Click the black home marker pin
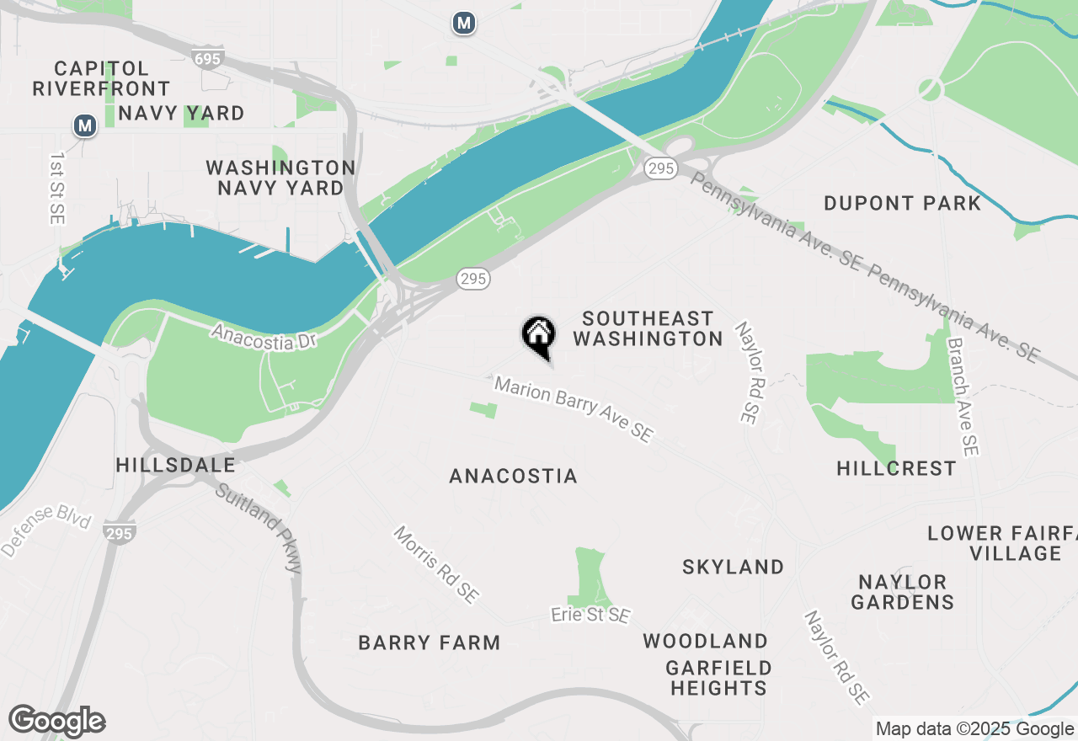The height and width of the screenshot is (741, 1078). pyautogui.click(x=538, y=335)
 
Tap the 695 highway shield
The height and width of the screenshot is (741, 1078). pyautogui.click(x=207, y=58)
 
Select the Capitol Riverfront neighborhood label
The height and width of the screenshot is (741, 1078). pyautogui.click(x=101, y=78)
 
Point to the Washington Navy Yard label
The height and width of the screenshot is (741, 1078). pyautogui.click(x=280, y=178)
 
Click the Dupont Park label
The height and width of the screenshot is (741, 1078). pyautogui.click(x=902, y=203)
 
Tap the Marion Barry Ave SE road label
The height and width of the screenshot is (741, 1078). pyautogui.click(x=574, y=409)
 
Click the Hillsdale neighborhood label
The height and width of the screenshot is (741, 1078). pyautogui.click(x=175, y=465)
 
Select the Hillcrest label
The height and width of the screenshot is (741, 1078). pyautogui.click(x=896, y=468)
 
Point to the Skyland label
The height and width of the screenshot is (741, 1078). pyautogui.click(x=733, y=567)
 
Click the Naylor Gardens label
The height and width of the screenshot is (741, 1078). pyautogui.click(x=902, y=592)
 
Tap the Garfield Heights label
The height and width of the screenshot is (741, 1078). pyautogui.click(x=718, y=678)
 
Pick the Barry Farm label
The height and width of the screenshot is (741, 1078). pyautogui.click(x=429, y=642)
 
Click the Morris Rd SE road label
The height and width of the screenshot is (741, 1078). pyautogui.click(x=436, y=565)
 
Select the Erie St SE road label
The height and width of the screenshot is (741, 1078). pyautogui.click(x=590, y=616)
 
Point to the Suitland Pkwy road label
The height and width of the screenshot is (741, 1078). pyautogui.click(x=259, y=528)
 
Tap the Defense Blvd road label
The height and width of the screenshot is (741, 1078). pyautogui.click(x=45, y=530)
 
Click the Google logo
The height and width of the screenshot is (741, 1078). pyautogui.click(x=56, y=721)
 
